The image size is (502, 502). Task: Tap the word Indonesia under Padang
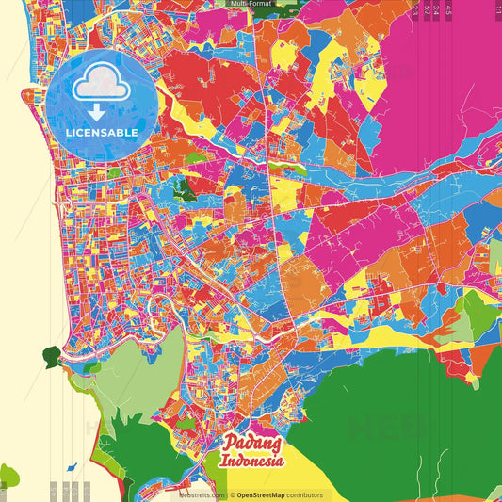253,462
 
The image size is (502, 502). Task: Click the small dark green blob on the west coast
51,357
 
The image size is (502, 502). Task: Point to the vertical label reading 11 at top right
498,8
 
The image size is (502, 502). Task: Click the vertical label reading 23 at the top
415,9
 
